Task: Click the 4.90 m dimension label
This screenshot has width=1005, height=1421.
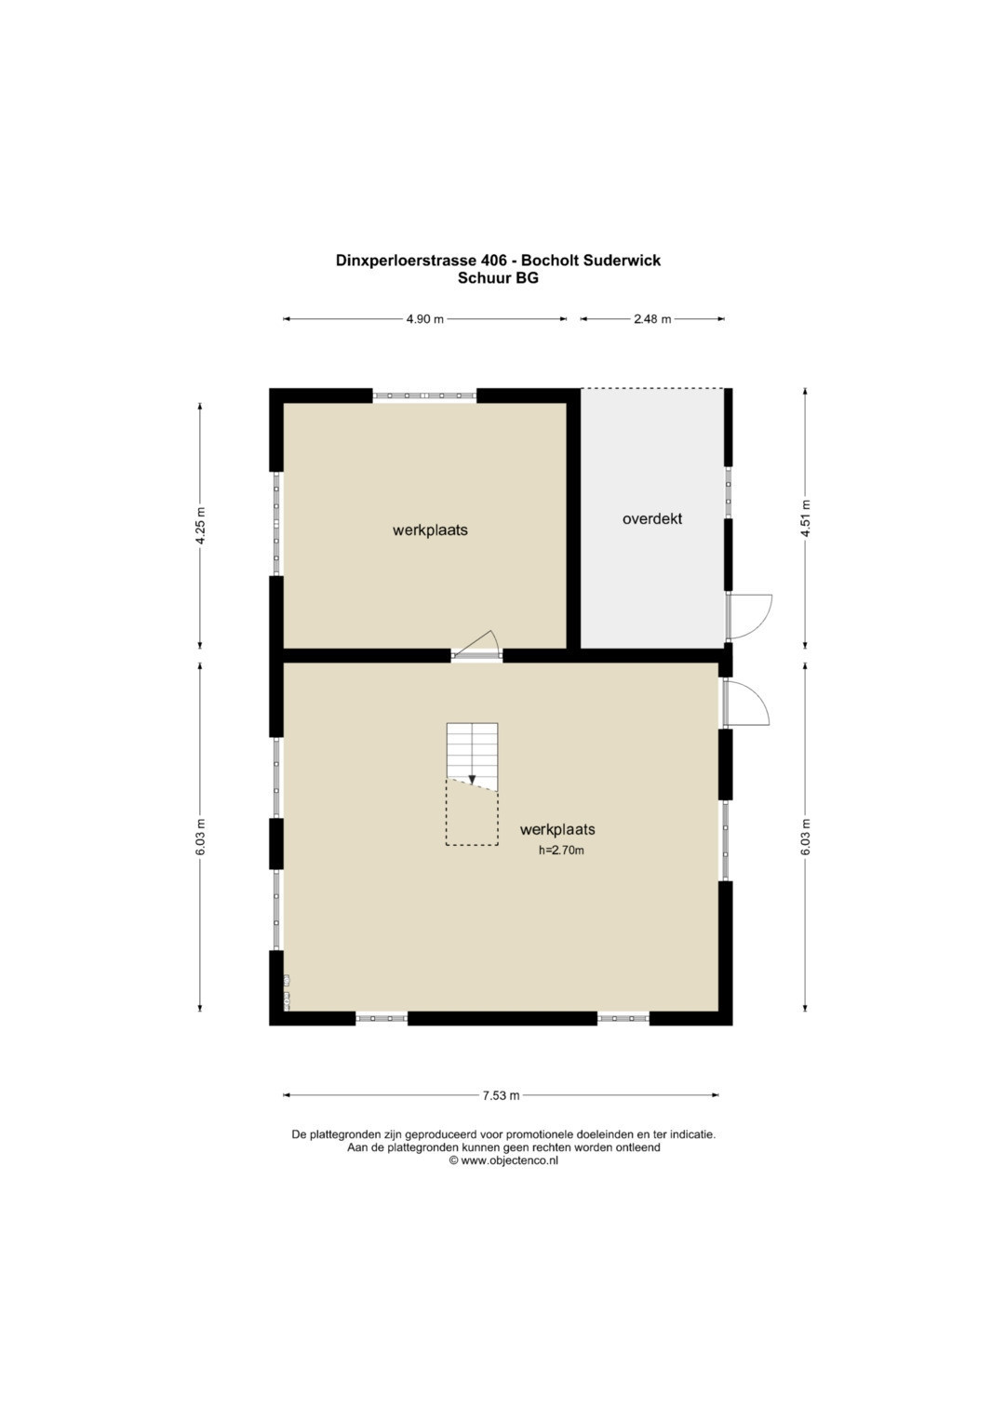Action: pos(424,319)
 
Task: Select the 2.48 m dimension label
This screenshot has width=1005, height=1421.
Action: pos(652,319)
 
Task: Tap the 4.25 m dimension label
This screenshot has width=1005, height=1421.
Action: pos(200,525)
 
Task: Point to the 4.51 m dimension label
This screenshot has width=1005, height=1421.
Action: pos(806,518)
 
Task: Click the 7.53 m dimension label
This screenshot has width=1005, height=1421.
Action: pos(502,1095)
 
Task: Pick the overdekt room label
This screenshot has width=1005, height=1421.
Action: pos(652,519)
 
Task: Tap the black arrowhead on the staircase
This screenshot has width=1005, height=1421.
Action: pos(472,780)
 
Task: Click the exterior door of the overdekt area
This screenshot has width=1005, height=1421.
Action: pos(750,617)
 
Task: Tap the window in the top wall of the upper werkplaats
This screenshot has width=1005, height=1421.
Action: pos(424,395)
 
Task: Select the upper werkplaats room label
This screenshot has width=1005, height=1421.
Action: pos(430,530)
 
